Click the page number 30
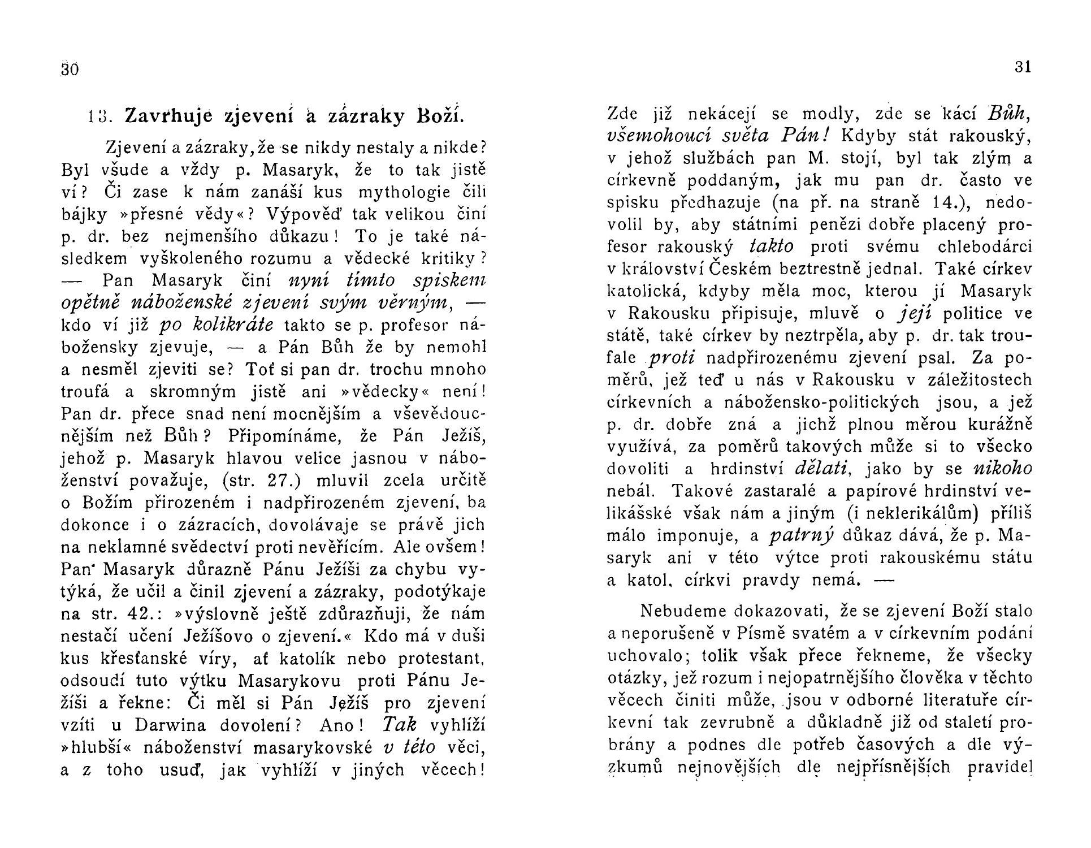coord(69,70)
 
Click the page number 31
coord(1023,67)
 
